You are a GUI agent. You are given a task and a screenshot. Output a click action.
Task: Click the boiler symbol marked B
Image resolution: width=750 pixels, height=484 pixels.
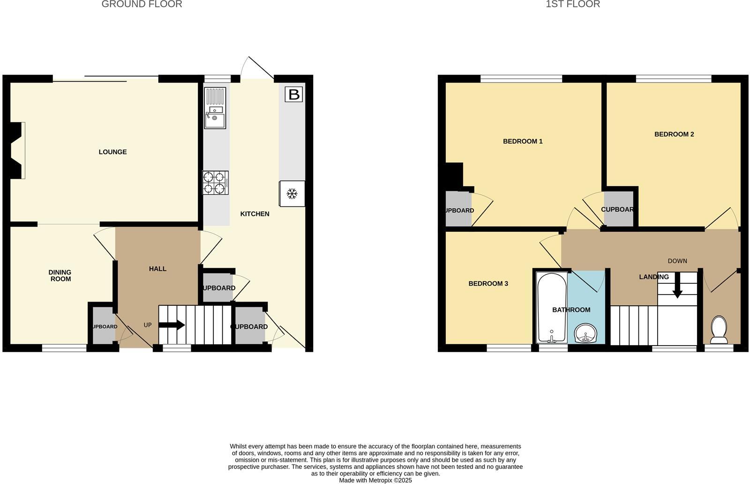click(x=294, y=94)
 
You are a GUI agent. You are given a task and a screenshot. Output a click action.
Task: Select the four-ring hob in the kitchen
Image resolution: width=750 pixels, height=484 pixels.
click(x=215, y=182)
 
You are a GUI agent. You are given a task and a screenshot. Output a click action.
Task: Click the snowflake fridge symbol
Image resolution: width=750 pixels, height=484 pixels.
click(x=292, y=193)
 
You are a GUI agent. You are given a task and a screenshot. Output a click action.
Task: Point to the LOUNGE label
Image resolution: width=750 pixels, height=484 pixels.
click(x=112, y=152)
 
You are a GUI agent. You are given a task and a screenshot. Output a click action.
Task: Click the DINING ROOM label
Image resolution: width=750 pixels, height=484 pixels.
click(x=60, y=276)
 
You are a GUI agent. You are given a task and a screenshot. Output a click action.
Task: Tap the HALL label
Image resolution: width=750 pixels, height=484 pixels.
click(x=157, y=269)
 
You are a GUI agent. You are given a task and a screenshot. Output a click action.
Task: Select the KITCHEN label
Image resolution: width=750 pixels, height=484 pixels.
click(x=255, y=214)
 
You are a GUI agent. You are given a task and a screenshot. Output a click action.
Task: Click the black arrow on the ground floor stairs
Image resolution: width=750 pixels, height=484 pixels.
click(x=172, y=325)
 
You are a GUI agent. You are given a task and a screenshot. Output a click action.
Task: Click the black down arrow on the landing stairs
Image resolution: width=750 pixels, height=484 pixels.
click(x=677, y=290)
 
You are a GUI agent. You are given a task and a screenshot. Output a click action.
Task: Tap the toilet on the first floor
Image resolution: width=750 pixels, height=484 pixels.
click(x=719, y=329)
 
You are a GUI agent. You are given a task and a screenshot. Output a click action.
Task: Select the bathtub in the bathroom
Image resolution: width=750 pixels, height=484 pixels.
click(x=552, y=307)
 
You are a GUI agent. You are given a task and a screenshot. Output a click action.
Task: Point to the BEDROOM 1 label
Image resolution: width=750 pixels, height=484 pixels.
click(x=523, y=141)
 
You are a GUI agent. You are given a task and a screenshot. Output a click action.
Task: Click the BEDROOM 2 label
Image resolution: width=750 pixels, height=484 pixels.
click(x=674, y=134)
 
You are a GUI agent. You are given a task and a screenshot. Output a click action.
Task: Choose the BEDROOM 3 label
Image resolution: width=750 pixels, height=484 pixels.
click(x=488, y=284)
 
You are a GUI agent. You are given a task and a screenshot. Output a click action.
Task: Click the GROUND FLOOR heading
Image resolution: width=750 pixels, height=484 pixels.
click(x=142, y=4)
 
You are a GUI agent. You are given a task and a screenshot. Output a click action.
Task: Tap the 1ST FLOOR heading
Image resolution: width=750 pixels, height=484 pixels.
click(x=573, y=4)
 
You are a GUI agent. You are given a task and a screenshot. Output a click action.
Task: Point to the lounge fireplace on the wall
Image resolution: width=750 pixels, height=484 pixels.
click(x=17, y=151)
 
